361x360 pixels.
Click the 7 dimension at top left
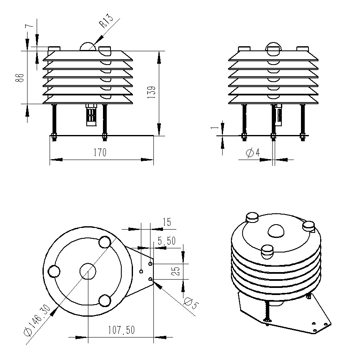[x=28, y=26]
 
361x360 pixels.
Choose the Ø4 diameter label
[x=253, y=153]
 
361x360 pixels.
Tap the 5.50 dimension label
[x=166, y=241]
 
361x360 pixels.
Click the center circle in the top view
[x=88, y=271]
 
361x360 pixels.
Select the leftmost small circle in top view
[x=54, y=271]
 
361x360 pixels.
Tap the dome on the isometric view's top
[x=276, y=231]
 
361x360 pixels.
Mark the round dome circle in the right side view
[x=273, y=49]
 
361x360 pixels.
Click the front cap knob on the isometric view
[x=267, y=251]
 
